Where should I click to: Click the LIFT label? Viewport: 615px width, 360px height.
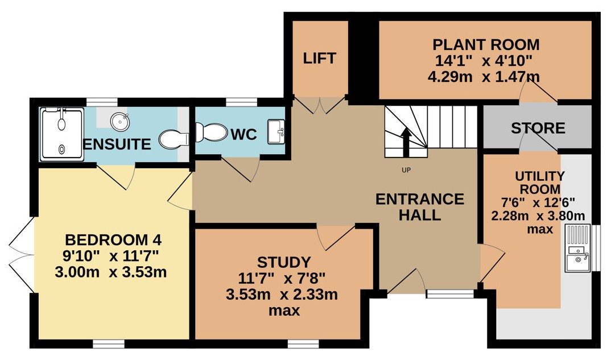coord(319,59)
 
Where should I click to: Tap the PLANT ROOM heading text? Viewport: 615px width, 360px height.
coord(486,45)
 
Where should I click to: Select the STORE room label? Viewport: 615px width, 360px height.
coord(538,128)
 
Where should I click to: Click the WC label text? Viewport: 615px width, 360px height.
coord(243,135)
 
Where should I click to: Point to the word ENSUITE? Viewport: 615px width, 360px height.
coord(117,144)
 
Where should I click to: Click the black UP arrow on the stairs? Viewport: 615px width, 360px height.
coord(406,142)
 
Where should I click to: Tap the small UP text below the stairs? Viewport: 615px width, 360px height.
coord(406,170)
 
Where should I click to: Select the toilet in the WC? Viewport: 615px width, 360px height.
coord(211,132)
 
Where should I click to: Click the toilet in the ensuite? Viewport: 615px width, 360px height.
coord(174,139)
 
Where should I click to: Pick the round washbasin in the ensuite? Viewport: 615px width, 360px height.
coord(119,121)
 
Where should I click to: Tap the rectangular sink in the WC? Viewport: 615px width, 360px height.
coord(276,132)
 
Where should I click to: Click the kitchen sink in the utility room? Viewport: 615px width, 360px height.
coord(577,248)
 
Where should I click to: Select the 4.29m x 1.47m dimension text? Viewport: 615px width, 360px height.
coord(484,77)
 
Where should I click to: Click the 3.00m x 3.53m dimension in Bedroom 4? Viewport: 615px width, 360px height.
coord(110,272)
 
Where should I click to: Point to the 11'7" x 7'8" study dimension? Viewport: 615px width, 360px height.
coord(282,279)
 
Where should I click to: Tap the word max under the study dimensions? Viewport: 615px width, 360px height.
coord(284,311)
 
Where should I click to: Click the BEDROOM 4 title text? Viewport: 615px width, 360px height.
coord(113,239)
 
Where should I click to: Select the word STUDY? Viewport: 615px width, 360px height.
coord(283,262)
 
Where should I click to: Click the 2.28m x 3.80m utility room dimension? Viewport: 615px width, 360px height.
coord(538,216)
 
